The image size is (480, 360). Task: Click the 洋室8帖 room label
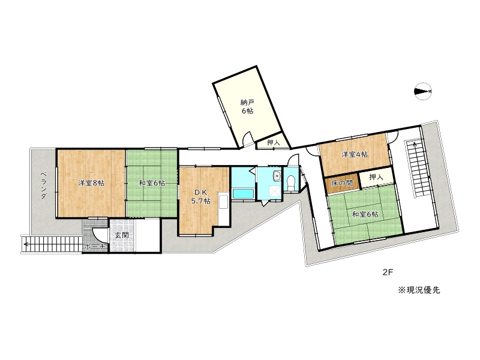click(91, 183)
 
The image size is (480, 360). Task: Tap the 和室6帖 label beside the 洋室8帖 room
click(151, 183)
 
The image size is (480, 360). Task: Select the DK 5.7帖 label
click(200, 197)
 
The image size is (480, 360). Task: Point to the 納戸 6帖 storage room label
click(247, 107)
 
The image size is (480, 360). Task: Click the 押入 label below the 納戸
click(273, 143)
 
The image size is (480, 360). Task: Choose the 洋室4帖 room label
click(355, 154)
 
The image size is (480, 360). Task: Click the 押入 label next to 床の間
click(376, 178)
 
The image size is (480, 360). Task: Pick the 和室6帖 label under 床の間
click(365, 214)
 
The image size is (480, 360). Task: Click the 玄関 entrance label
click(122, 235)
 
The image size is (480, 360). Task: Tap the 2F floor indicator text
click(388, 272)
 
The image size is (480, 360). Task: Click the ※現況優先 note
click(418, 290)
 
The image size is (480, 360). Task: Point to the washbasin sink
click(276, 176)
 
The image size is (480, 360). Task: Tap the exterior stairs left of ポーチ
click(51, 244)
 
